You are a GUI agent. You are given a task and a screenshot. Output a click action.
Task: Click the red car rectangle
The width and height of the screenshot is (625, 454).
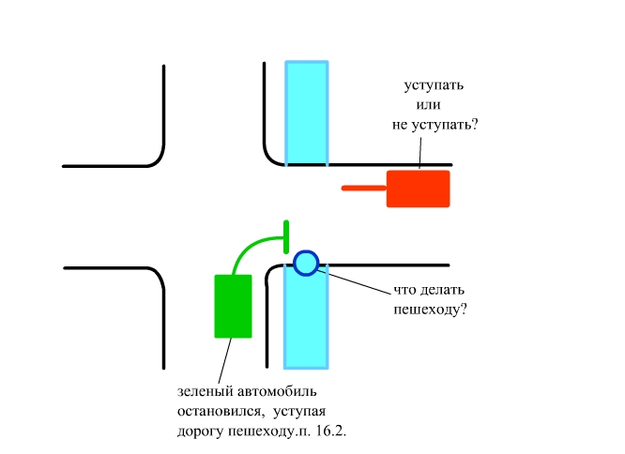tap(419, 189)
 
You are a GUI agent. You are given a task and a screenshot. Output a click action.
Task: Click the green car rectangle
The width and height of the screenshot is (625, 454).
tap(234, 306)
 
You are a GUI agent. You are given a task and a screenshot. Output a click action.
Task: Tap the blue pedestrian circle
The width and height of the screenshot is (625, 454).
tap(306, 263)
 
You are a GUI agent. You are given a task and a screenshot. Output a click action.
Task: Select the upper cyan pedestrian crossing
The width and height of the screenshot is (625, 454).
tap(307, 113)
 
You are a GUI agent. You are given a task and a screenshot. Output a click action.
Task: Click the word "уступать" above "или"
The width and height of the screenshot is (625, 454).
tap(434, 85)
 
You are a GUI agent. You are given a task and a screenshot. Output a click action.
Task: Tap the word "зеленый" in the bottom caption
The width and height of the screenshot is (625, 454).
tap(202, 390)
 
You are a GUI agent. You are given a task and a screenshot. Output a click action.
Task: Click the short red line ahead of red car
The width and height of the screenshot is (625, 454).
tap(364, 189)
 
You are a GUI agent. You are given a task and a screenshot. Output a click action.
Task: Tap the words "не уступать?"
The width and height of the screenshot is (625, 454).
tap(434, 123)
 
